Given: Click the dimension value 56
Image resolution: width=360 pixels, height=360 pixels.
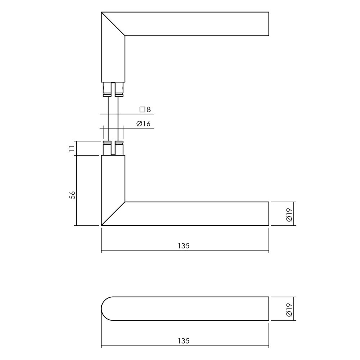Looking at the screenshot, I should pyautogui.click(x=72, y=195).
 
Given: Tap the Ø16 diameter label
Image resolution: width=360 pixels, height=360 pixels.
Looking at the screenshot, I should pyautogui.click(x=143, y=124).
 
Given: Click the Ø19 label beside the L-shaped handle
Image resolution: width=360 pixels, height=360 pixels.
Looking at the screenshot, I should pyautogui.click(x=289, y=214).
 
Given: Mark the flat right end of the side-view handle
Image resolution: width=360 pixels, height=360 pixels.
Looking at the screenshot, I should pyautogui.click(x=268, y=308).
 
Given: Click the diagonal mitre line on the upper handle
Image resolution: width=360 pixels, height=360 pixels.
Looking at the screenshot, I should pyautogui.click(x=113, y=24).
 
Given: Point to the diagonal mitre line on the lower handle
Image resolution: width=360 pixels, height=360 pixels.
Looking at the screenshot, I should pyautogui.click(x=113, y=214).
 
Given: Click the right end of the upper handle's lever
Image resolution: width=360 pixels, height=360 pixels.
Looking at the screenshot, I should pyautogui.click(x=268, y=24).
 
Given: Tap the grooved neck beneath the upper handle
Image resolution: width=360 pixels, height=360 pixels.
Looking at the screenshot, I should pyautogui.click(x=113, y=90).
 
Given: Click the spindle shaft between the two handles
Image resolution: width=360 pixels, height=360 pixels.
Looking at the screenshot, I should pyautogui.click(x=113, y=119).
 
